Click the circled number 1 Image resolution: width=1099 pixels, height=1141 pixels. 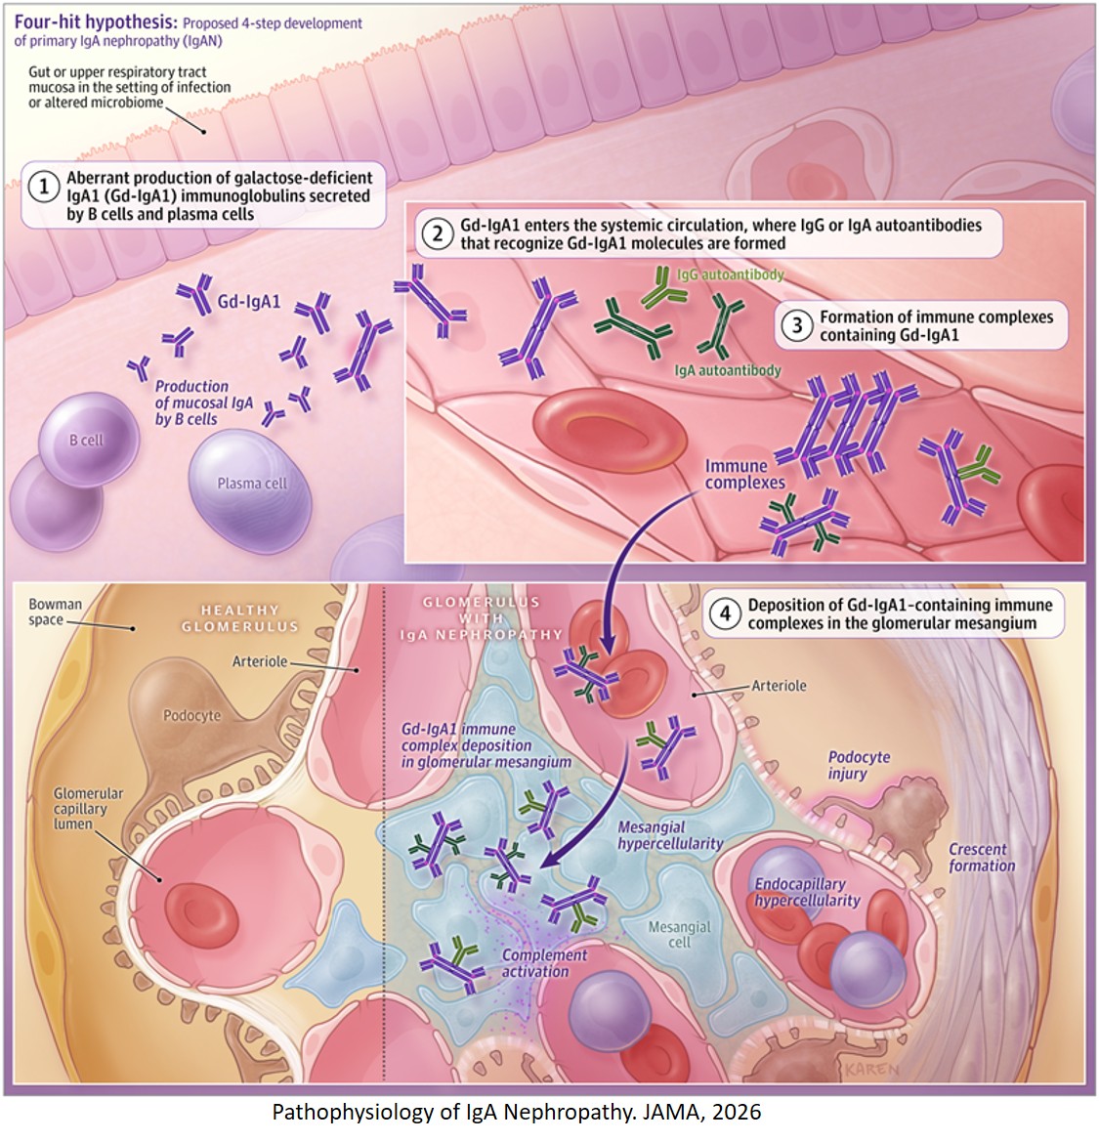tap(44, 187)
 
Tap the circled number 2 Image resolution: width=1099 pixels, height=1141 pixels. tap(438, 232)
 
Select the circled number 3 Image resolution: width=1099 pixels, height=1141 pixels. tap(797, 324)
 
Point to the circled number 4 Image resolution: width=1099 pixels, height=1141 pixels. tap(725, 613)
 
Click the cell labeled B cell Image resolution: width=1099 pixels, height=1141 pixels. tap(88, 440)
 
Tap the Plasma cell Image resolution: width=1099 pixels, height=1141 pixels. tap(251, 483)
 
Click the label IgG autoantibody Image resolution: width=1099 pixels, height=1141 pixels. tap(731, 275)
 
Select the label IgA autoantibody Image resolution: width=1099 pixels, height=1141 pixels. tap(728, 371)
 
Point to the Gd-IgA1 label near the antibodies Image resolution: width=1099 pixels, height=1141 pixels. tap(248, 302)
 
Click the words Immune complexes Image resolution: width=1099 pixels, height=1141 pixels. tap(744, 474)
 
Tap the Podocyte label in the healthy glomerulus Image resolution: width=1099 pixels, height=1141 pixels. tap(191, 715)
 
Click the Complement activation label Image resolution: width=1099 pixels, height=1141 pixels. tap(543, 963)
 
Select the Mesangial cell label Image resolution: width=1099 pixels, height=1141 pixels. tap(680, 935)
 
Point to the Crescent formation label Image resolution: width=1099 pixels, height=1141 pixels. tap(982, 858)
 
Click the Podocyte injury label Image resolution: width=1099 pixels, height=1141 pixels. tap(859, 765)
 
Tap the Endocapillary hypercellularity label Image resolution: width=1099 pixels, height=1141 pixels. tap(807, 892)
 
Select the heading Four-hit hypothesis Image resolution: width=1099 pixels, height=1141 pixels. tap(80, 21)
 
